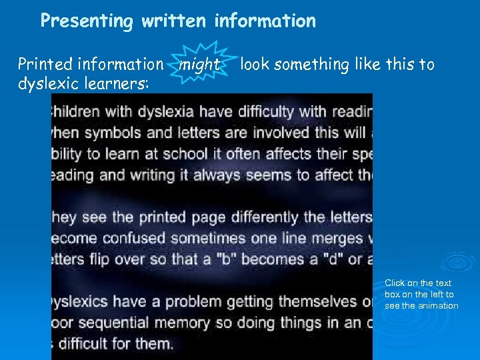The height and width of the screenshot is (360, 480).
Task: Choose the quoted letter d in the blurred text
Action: coord(337,260)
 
